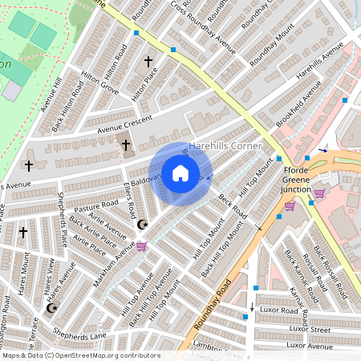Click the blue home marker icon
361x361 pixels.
click(x=180, y=173)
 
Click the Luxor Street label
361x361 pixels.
click(x=309, y=329)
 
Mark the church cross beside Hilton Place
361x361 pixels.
click(x=148, y=61)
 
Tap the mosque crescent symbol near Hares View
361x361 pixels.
click(x=53, y=307)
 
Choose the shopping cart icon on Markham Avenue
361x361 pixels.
click(x=141, y=246)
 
